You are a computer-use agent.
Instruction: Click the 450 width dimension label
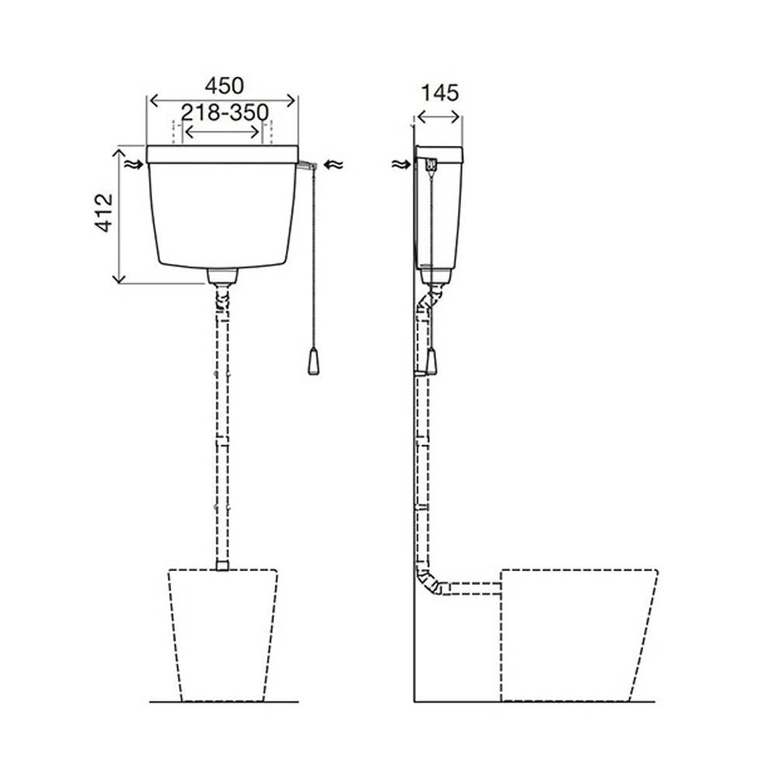(224, 86)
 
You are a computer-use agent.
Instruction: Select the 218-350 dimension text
(225, 113)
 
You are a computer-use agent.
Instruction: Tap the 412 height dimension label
(105, 213)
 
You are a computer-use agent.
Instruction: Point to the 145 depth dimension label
(439, 93)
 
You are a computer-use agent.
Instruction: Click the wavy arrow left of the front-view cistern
(133, 165)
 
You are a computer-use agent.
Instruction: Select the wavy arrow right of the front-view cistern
(333, 165)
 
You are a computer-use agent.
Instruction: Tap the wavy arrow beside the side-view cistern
(401, 165)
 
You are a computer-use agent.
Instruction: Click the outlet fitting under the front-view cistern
(222, 276)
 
